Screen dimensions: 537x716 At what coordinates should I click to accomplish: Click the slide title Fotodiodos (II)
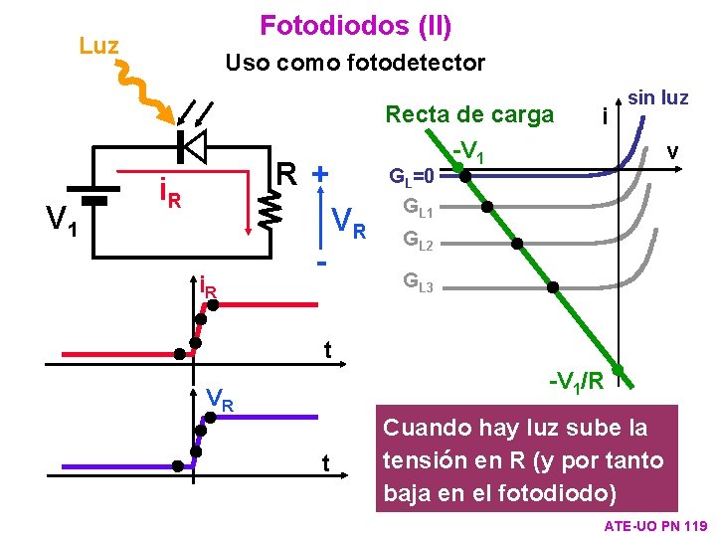click(355, 24)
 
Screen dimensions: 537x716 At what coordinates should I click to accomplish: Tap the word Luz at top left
click(98, 46)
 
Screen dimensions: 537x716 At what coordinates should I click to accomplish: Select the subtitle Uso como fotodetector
click(355, 63)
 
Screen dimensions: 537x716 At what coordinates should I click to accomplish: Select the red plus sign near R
click(320, 173)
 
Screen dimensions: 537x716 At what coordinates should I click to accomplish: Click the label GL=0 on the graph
click(412, 178)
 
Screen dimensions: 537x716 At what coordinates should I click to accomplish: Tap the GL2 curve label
click(418, 240)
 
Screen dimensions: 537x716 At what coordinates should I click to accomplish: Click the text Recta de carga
click(469, 114)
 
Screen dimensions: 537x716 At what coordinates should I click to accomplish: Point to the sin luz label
click(657, 97)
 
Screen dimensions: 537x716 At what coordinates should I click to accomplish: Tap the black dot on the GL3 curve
click(553, 287)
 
